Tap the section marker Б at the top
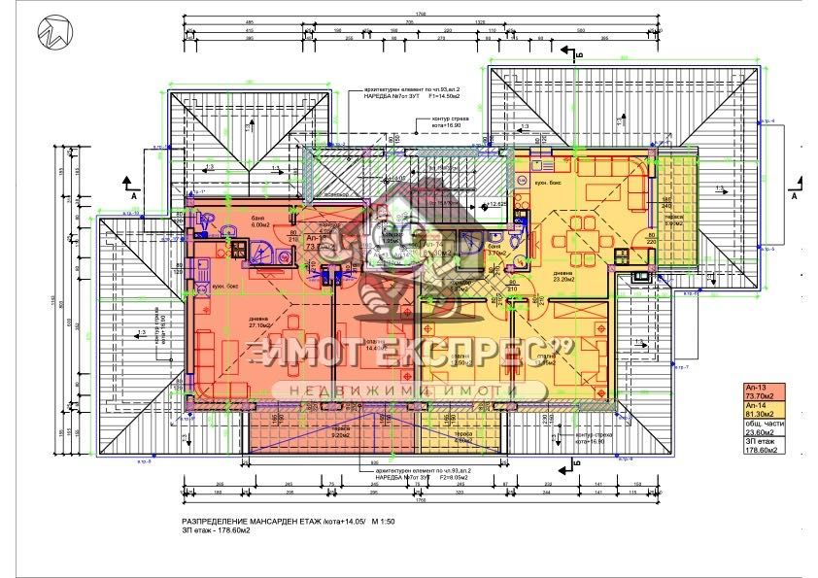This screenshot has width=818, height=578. (x=577, y=56)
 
